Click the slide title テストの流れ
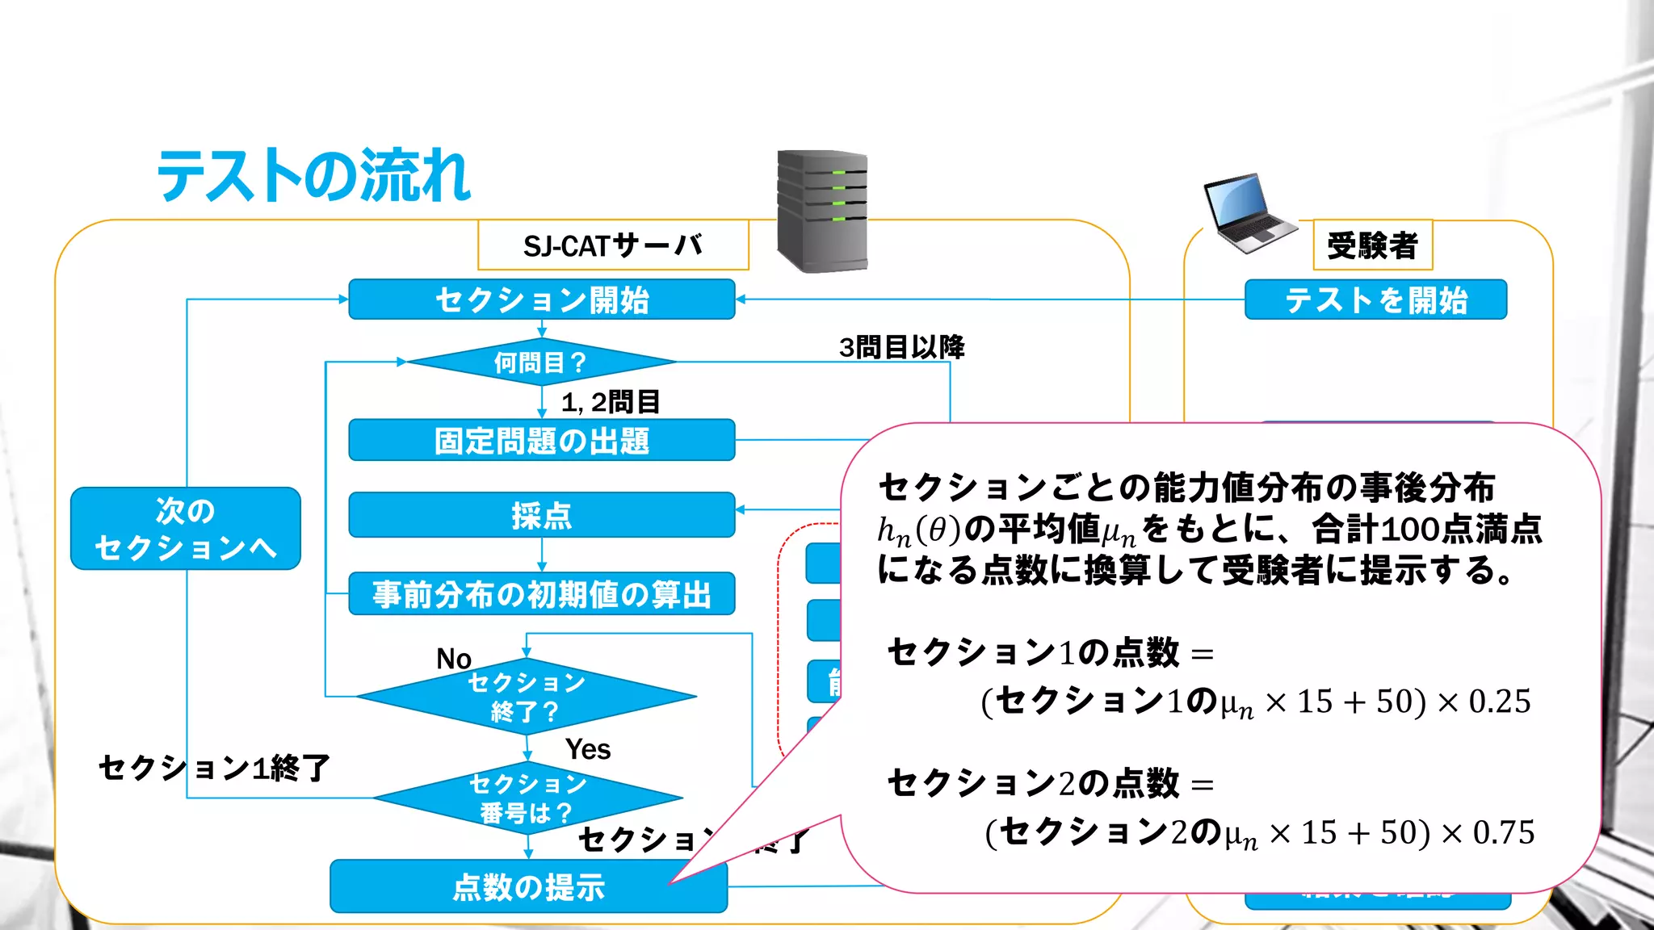pos(313,176)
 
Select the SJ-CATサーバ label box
pos(613,245)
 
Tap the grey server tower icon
pos(822,211)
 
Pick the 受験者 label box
pos(1372,245)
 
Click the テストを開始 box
pos(1375,300)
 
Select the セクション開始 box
pos(541,300)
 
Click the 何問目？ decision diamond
pos(540,362)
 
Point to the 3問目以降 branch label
pos(901,347)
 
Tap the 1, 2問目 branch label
pos(611,401)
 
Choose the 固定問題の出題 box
pos(541,441)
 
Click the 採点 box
pos(541,515)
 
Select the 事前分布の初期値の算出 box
pos(541,594)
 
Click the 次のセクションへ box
pos(186,529)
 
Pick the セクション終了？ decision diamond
pos(526,697)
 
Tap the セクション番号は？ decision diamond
pos(527,798)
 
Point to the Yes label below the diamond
pos(588,749)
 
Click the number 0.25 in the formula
pos(1499,702)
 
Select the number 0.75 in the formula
pos(1503,832)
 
